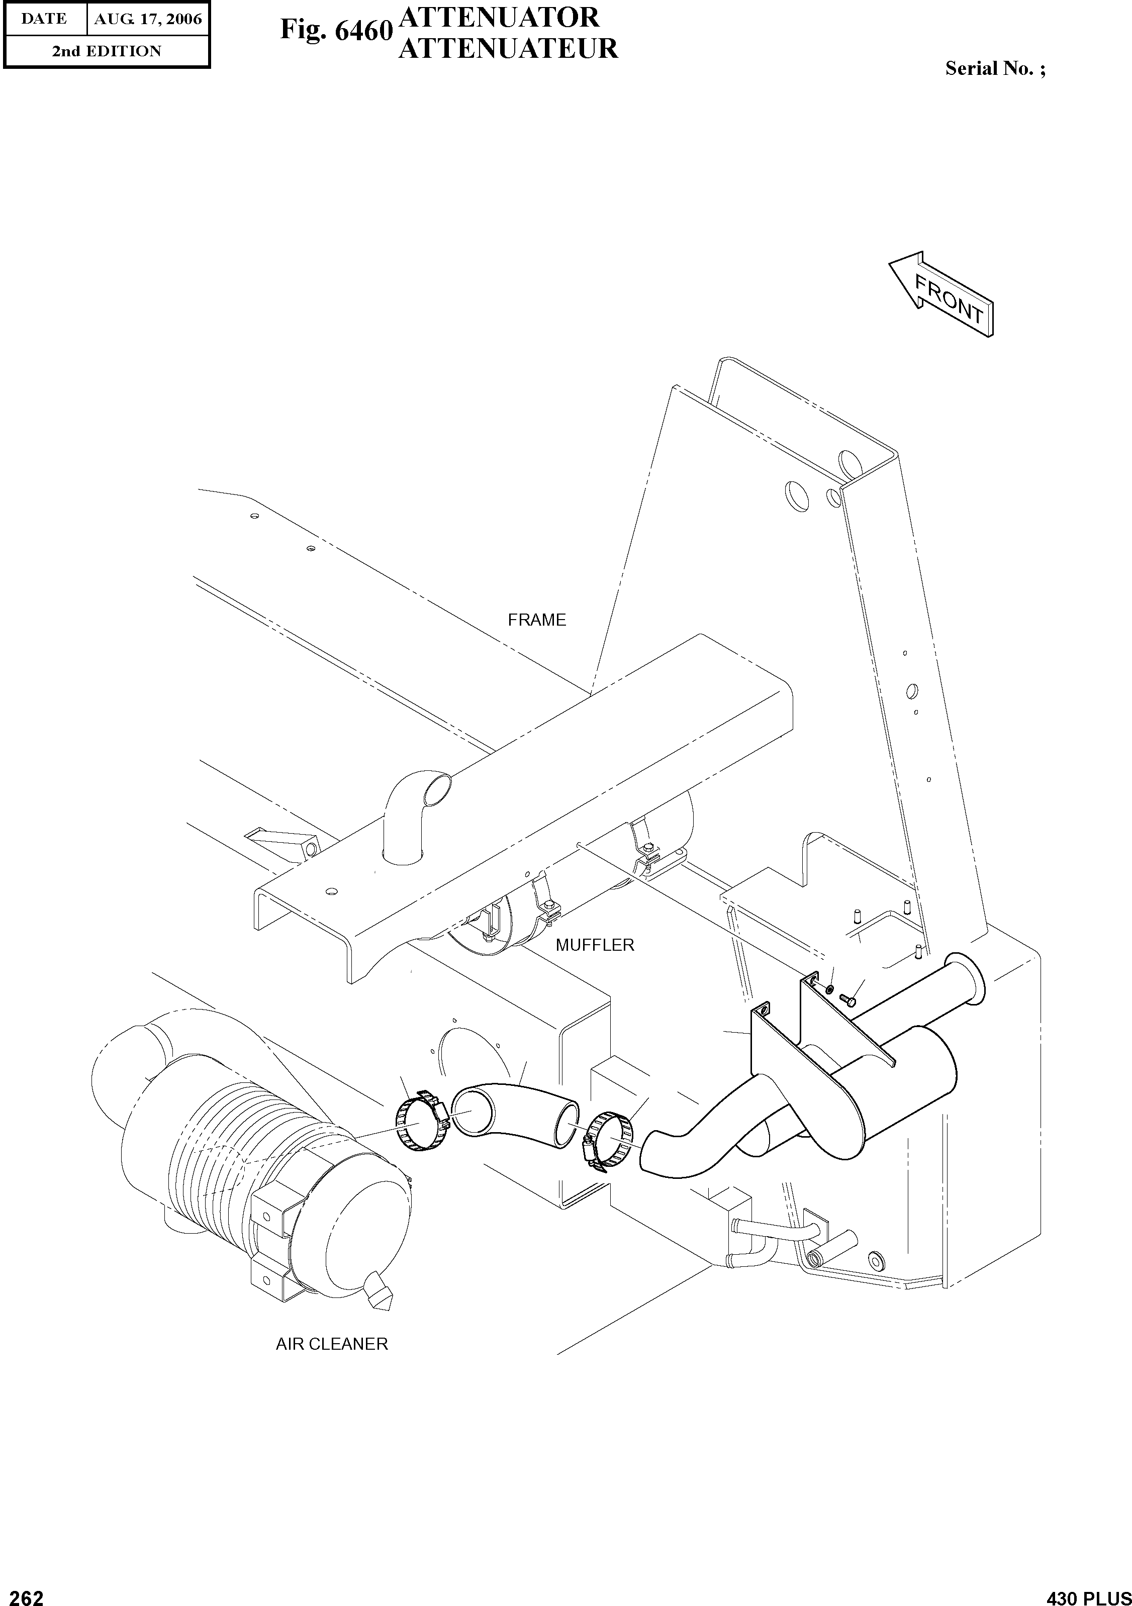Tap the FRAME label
[x=537, y=620]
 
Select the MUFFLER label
[x=595, y=945]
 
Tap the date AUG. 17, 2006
[x=148, y=19]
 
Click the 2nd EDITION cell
[x=107, y=51]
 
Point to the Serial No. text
[x=995, y=68]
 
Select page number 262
[x=23, y=1592]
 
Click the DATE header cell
[x=44, y=19]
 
